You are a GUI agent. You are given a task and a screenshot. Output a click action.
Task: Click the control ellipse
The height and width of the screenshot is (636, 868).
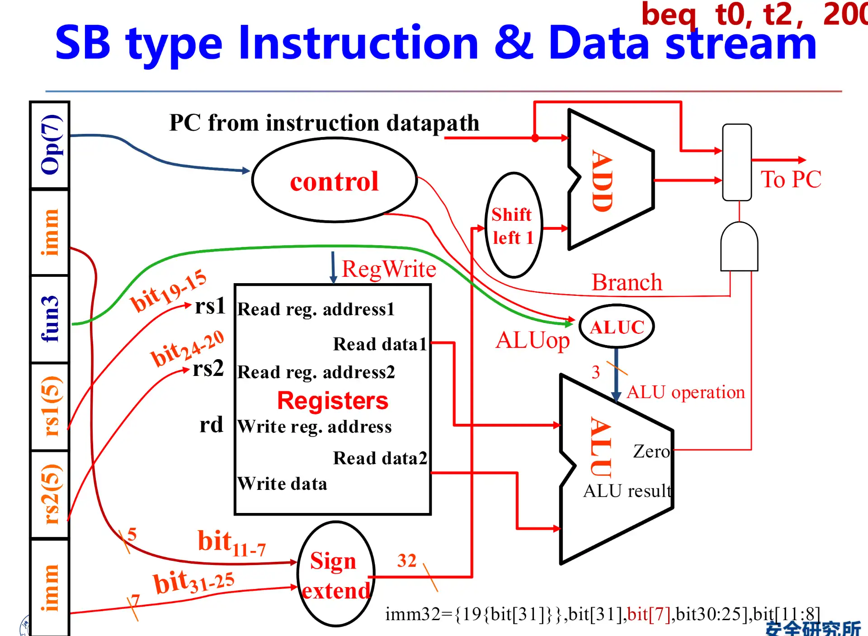(x=334, y=180)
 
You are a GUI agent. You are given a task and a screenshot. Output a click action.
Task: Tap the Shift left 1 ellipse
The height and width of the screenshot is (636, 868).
(x=514, y=225)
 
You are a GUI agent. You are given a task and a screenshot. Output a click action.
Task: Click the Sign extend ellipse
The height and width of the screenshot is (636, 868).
(x=335, y=574)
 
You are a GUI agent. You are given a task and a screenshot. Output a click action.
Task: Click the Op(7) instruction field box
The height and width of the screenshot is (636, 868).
(x=50, y=145)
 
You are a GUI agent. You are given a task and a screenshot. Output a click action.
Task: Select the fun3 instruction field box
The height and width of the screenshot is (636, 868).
(x=50, y=319)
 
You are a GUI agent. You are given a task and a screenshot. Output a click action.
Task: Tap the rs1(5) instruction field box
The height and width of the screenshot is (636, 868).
(x=50, y=406)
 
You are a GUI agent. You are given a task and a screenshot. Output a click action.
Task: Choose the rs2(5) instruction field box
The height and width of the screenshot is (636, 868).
(x=50, y=494)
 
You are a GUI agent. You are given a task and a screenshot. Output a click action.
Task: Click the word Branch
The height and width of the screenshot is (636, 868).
(x=627, y=282)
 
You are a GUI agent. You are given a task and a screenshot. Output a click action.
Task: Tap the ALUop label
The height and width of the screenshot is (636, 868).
(x=533, y=340)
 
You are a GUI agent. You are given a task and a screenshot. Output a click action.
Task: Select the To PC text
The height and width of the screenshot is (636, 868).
(x=791, y=180)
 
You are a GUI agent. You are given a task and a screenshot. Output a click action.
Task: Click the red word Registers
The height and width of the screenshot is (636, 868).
(x=333, y=401)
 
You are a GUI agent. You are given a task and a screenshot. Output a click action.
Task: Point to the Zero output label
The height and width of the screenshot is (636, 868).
(x=651, y=451)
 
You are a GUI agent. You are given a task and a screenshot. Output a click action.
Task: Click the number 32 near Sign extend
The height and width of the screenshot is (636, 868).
(x=406, y=560)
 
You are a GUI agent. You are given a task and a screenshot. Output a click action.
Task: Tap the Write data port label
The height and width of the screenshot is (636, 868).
(x=282, y=484)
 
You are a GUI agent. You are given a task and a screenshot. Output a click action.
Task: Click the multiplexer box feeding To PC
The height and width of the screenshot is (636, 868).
(x=737, y=162)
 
